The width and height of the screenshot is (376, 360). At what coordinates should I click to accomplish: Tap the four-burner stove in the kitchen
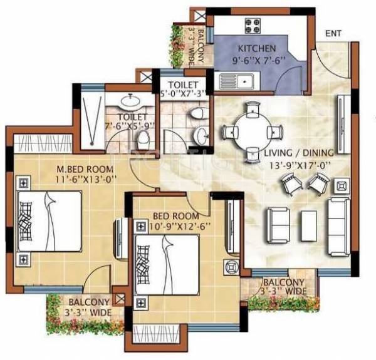(x=253, y=26)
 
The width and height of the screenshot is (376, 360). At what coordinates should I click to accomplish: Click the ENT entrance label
(x=333, y=34)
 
